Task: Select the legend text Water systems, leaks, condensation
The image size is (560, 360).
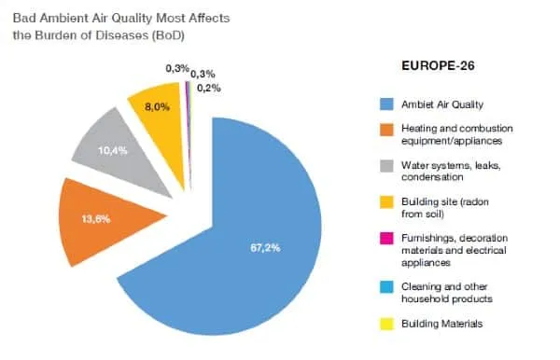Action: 441,172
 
